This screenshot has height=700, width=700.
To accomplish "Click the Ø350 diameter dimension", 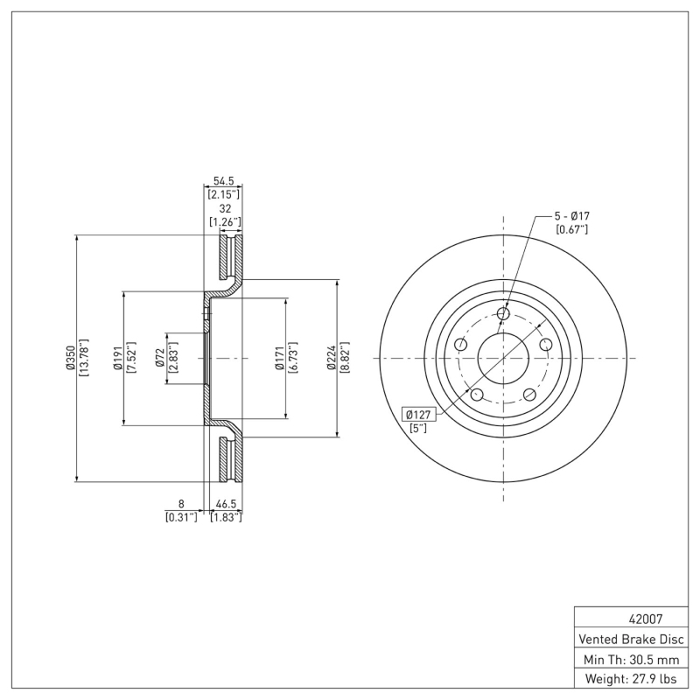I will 69,359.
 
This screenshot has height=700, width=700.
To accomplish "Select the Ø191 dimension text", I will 115,359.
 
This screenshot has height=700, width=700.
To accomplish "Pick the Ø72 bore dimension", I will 160,359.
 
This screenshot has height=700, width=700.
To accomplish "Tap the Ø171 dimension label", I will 278,359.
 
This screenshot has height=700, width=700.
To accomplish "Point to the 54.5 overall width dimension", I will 223,180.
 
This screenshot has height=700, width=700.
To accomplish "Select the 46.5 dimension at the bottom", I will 227,504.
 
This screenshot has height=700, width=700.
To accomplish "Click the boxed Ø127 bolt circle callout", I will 419,415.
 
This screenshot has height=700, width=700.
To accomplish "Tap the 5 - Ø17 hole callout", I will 570,215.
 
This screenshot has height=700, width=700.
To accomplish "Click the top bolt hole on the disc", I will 503,314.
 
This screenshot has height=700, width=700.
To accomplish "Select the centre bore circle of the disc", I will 503,359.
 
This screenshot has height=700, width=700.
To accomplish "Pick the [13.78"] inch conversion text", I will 84,359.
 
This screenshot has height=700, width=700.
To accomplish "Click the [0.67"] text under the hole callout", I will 572,229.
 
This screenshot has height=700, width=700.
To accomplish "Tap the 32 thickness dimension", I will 224,209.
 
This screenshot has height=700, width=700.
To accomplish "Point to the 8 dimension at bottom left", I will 181,504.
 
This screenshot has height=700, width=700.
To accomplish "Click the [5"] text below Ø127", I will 418,428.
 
